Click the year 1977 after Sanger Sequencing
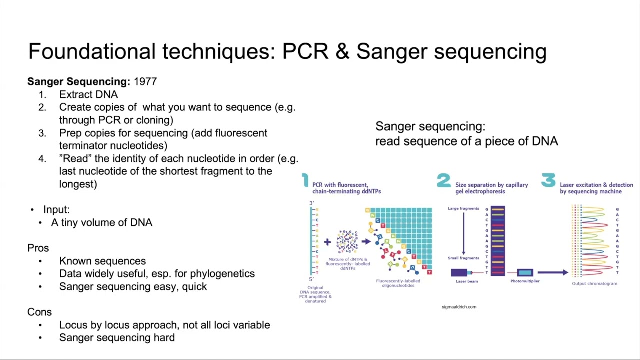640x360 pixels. pos(145,81)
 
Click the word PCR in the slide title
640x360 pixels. pos(305,51)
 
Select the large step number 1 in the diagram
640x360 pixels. pos(305,181)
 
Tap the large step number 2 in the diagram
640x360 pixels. pos(443,181)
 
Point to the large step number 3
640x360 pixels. pos(548,181)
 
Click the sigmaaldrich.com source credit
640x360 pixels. pos(459,307)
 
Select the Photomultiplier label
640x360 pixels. pos(525,281)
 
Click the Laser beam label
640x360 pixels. pos(466,281)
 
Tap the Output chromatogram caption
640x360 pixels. pos(594,284)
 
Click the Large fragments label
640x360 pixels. pos(463,208)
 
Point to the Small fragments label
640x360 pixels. pos(463,258)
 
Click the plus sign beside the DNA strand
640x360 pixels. pos(327,242)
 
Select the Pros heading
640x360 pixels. pos(38,248)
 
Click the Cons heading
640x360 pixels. pos(39,312)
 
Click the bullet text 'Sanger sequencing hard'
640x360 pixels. pos(117,338)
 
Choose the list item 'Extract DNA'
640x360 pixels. pos(88,94)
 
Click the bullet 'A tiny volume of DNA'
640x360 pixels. pos(101,222)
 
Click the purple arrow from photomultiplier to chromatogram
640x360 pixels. pos(552,272)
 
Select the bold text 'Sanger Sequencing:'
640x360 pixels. pos(78,81)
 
